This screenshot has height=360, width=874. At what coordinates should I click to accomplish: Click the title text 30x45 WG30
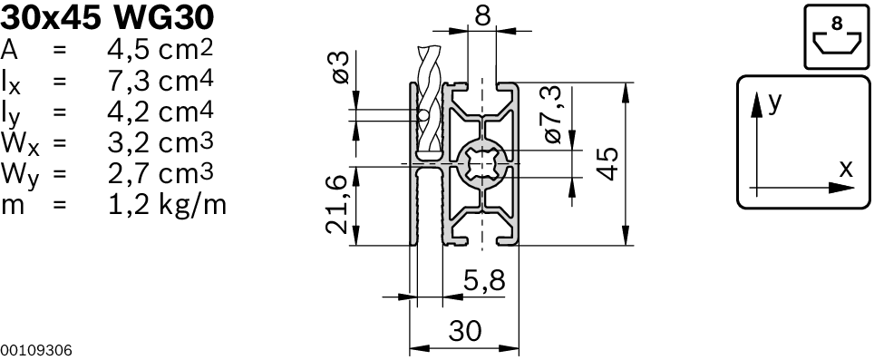pos(107,18)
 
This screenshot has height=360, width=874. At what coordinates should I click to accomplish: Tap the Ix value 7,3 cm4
pos(160,80)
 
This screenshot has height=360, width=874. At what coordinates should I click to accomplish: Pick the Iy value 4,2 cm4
pos(160,112)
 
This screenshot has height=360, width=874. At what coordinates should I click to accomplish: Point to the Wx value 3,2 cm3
pos(160,142)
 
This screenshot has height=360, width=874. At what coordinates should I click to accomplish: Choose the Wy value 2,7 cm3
pos(160,174)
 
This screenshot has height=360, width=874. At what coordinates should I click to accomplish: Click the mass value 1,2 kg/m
pos(167,205)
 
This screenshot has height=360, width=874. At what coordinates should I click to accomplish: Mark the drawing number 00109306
pos(36,351)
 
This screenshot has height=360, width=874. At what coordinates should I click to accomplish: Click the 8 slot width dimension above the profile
pos(482,15)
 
